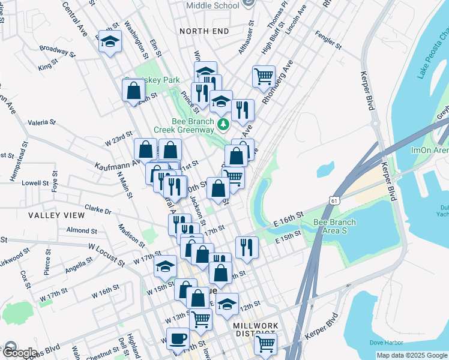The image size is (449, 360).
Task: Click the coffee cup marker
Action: [178, 339]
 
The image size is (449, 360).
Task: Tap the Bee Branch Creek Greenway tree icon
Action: [223, 124]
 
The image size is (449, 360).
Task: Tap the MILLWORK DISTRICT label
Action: [255, 329]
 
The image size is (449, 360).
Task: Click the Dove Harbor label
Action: [385, 342]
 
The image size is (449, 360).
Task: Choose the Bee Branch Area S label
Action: [335, 226]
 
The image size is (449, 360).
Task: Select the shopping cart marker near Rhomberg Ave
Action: [264, 77]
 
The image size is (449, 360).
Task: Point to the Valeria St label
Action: [41, 122]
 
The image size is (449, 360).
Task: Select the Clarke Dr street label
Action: [98, 211]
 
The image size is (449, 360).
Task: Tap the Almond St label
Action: [82, 230]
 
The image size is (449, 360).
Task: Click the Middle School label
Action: [212, 5]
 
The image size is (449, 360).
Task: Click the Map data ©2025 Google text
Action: [412, 355]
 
